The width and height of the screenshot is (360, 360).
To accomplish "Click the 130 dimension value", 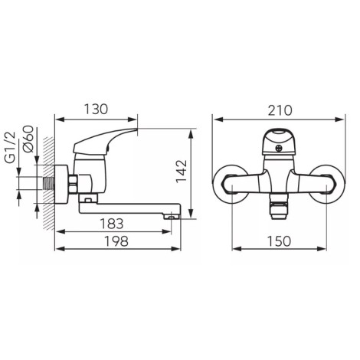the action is point(96,109).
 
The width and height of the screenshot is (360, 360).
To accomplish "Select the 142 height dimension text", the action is point(182,171).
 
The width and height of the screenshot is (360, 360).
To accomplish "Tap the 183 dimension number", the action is point(112,224).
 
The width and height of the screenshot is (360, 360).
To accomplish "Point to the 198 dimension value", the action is point(116,241).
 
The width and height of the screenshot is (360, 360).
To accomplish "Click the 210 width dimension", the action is point(280,110).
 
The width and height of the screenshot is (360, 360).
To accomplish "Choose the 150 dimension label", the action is point(279,241).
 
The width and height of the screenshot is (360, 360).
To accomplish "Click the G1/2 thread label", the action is point(11,147).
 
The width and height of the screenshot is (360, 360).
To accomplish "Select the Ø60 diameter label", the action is point(28,139).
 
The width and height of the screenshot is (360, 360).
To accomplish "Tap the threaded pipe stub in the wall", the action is point(49,183).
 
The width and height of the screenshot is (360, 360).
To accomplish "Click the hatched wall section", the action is point(49,183).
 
